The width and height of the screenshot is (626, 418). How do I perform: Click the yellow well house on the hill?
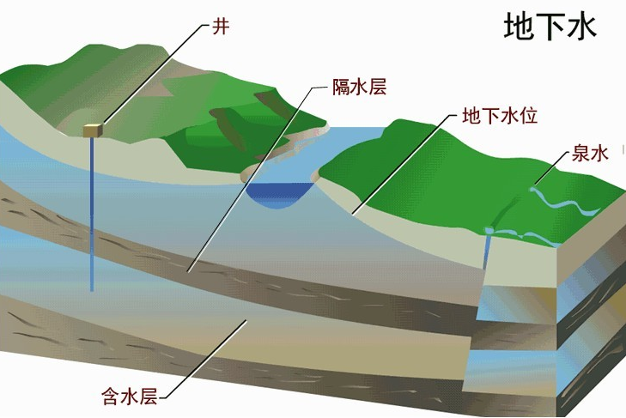click(93, 130)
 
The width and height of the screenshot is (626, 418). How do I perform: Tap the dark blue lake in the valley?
click(280, 195)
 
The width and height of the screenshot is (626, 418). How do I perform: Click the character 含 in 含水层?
click(112, 397)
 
